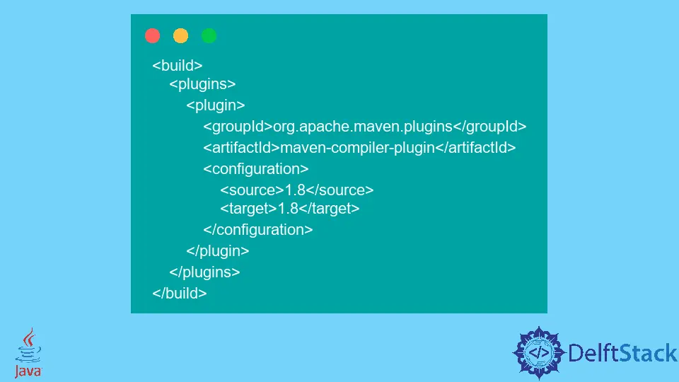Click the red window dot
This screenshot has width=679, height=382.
[x=153, y=35]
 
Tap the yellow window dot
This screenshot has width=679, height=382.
[x=180, y=35]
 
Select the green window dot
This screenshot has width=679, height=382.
[x=209, y=35]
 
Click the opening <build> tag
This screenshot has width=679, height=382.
[x=177, y=65]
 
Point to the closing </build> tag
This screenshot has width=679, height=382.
[x=179, y=293]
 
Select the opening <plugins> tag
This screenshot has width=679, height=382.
[x=202, y=84]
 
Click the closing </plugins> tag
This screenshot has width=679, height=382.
[x=204, y=272]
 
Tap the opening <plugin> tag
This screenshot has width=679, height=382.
[x=215, y=105]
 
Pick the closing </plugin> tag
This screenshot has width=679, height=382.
[x=217, y=250]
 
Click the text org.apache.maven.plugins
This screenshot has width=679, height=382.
[x=362, y=127]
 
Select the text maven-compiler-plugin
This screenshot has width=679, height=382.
[x=357, y=148]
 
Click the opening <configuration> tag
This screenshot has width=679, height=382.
[x=256, y=169]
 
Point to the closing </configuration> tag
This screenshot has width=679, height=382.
[x=258, y=229]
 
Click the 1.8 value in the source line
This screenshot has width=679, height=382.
[x=295, y=190]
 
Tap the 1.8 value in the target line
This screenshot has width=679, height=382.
[x=288, y=208]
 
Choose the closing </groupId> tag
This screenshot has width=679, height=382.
[x=489, y=127]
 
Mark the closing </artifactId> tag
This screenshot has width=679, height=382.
[x=475, y=148]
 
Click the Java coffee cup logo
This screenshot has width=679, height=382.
[x=28, y=352]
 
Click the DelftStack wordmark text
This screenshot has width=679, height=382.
[x=622, y=353]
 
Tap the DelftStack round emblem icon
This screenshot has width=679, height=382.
[x=539, y=352]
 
